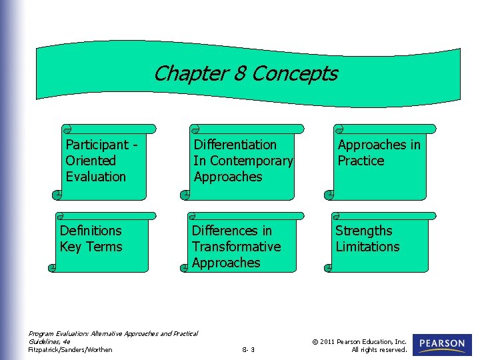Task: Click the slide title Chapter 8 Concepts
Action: pyautogui.click(x=245, y=73)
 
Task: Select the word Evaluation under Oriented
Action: pyautogui.click(x=95, y=177)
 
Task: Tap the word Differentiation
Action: pyautogui.click(x=235, y=145)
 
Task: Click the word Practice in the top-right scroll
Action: pyautogui.click(x=361, y=161)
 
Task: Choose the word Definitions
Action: pyautogui.click(x=91, y=231)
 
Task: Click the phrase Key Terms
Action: pyautogui.click(x=91, y=247)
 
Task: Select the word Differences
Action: pyautogui.click(x=232, y=231)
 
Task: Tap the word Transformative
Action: pyautogui.click(x=236, y=247)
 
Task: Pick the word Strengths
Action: pyautogui.click(x=363, y=231)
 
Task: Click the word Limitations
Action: pyautogui.click(x=367, y=247)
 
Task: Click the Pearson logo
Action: pyautogui.click(x=442, y=344)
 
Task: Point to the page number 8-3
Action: pyautogui.click(x=248, y=349)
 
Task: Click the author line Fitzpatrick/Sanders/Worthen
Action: pyautogui.click(x=70, y=349)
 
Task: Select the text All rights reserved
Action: pyautogui.click(x=379, y=349)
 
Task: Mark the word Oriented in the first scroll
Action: pyautogui.click(x=90, y=161)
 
